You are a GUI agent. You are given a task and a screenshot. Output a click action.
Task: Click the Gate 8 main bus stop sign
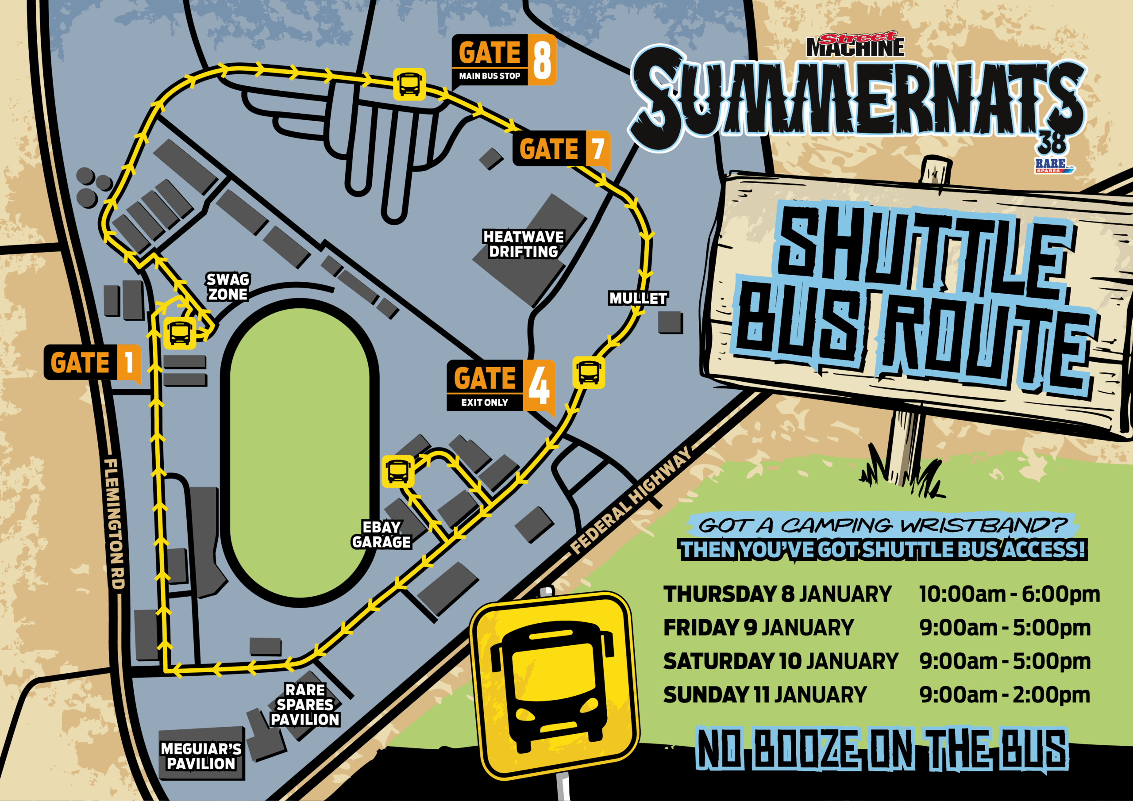click(503, 60)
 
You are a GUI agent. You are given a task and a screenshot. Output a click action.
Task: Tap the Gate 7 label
click(561, 149)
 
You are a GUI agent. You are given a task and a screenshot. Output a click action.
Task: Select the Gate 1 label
click(92, 363)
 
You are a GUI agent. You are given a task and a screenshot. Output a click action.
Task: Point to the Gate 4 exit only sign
click(501, 386)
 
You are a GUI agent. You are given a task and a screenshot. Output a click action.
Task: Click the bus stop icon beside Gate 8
click(409, 84)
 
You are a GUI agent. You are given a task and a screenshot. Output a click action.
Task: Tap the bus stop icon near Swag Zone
click(180, 333)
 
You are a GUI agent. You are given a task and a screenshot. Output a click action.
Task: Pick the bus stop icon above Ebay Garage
click(398, 471)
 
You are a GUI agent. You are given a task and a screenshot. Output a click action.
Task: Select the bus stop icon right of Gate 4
click(588, 372)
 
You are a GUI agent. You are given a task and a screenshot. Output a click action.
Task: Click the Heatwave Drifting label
click(523, 244)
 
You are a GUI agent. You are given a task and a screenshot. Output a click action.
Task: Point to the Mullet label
click(638, 299)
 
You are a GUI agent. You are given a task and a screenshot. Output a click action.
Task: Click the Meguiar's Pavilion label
click(201, 756)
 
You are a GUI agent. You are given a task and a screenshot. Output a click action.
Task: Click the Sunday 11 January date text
click(765, 695)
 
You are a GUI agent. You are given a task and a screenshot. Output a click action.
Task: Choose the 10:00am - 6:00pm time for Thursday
click(1009, 594)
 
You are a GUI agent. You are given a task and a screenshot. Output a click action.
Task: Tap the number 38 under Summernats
click(1052, 143)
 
